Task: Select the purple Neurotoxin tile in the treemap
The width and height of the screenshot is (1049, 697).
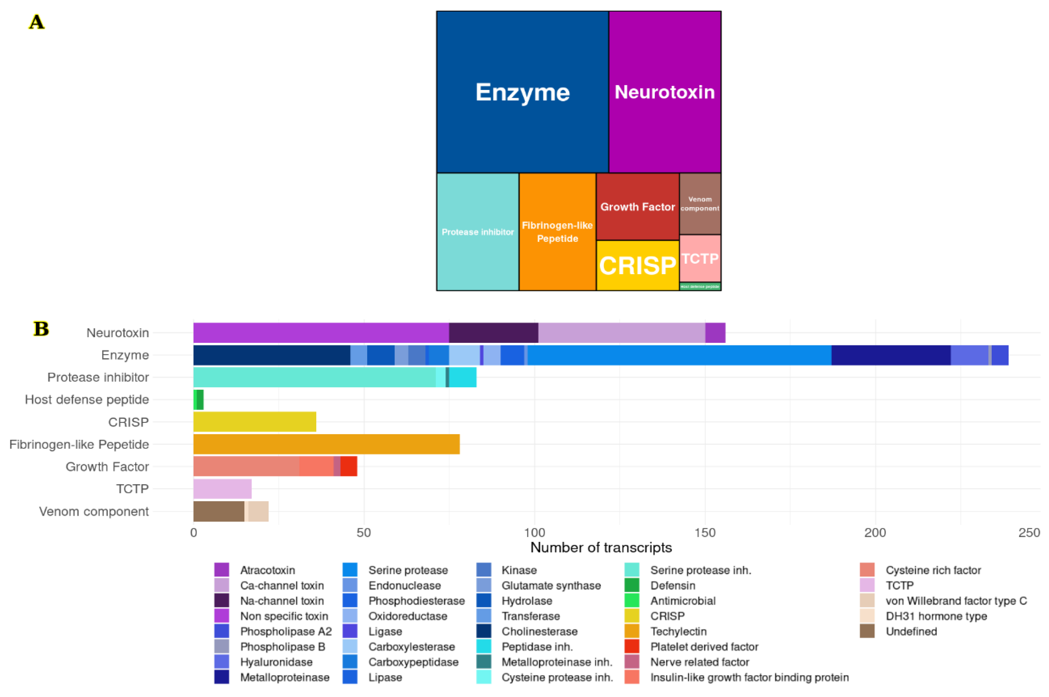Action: tap(664, 92)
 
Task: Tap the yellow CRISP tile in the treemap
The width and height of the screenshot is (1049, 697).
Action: tap(637, 265)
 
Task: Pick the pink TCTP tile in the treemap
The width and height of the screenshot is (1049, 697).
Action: tap(700, 258)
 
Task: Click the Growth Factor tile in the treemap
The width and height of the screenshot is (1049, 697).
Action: tap(637, 207)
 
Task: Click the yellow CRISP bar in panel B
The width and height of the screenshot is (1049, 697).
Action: tap(254, 422)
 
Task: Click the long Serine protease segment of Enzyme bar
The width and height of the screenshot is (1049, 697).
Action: tap(679, 355)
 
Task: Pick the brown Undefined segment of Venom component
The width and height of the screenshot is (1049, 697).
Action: tap(218, 511)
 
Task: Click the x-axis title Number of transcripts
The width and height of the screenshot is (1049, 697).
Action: tap(601, 547)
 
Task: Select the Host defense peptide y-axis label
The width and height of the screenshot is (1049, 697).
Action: tap(87, 399)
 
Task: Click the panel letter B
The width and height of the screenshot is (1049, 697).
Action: tap(41, 329)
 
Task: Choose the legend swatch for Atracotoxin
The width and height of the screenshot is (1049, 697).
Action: tap(222, 570)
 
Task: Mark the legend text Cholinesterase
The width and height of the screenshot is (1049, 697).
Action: tap(539, 631)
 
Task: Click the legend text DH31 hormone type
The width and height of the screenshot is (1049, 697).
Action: tap(936, 616)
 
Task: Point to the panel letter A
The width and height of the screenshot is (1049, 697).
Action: tap(36, 22)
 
